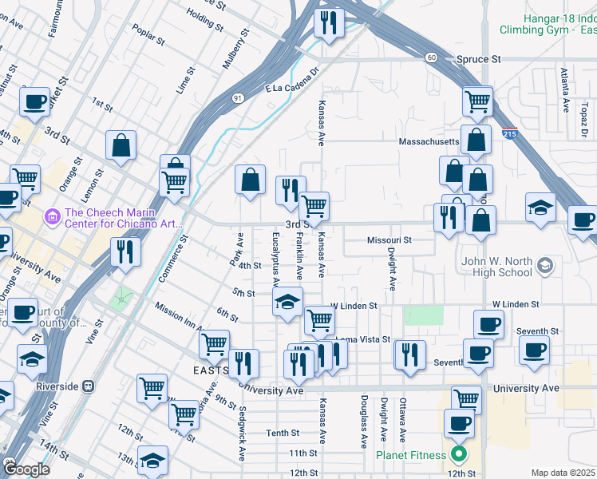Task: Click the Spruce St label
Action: [479, 59]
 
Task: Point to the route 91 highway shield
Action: [238, 97]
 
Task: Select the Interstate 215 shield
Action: [509, 135]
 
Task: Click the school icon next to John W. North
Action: [545, 264]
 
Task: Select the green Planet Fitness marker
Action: [458, 456]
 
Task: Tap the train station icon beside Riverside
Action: [89, 386]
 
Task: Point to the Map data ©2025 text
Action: [563, 473]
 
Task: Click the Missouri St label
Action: [389, 239]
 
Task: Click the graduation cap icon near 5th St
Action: [287, 302]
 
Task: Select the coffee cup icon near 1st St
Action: [34, 101]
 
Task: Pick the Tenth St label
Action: [283, 433]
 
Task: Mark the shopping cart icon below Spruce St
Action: [476, 101]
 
